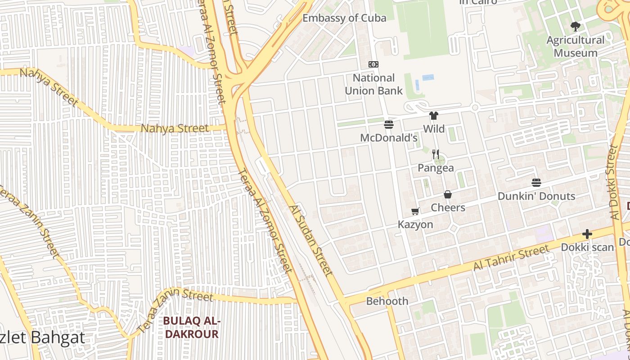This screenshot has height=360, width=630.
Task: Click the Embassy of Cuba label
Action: coord(344,18)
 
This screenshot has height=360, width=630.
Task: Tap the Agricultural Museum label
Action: coord(576,46)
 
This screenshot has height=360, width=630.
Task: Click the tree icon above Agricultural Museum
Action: coord(575,27)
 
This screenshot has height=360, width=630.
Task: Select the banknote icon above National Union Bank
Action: coord(373,64)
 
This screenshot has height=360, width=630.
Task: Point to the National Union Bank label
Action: coord(373,84)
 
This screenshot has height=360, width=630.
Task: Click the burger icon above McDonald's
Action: coord(389,124)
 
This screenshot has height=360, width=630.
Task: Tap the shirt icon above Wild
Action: coord(434,116)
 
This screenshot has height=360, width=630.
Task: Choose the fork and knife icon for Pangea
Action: coord(435,154)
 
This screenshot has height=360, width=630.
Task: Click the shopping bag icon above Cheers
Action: coord(448,194)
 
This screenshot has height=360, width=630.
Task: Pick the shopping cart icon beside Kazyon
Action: coord(415,211)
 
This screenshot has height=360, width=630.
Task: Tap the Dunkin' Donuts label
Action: coord(536,196)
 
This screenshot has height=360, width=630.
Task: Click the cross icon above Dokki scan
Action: coord(587,234)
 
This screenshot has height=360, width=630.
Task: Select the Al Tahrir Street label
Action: coord(511,258)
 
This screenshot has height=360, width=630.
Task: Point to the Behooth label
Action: coord(387,301)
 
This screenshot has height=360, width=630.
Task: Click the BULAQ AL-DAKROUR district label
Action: coord(191,328)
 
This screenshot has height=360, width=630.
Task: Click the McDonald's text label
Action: coord(389,138)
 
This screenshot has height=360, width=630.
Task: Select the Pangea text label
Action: coord(436,168)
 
